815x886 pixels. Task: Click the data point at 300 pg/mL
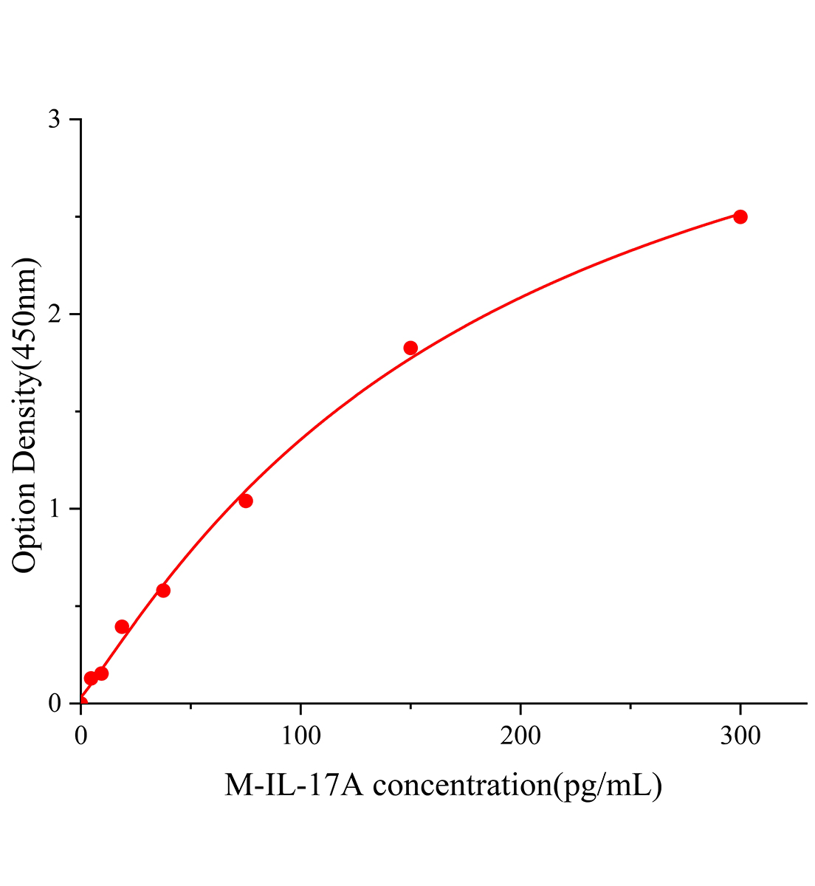click(x=740, y=216)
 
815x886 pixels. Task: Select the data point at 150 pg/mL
click(x=410, y=348)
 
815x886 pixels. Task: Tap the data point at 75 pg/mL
click(x=246, y=501)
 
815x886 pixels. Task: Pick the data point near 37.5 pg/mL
click(x=163, y=590)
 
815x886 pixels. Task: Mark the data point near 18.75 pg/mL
click(x=122, y=627)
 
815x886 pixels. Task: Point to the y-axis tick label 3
click(x=54, y=120)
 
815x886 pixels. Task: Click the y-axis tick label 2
click(x=54, y=315)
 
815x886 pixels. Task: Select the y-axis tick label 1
click(x=54, y=509)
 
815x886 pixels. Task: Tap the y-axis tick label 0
click(x=54, y=704)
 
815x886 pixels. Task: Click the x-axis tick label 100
click(x=300, y=735)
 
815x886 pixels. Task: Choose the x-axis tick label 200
click(x=520, y=735)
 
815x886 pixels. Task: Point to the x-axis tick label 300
click(x=740, y=735)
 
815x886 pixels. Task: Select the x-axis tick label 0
click(x=80, y=735)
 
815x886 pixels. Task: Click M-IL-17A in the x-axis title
click(x=295, y=786)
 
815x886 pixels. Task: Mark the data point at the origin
click(x=81, y=703)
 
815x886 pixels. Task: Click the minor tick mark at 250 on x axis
click(x=630, y=707)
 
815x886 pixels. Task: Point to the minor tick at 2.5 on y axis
click(x=78, y=217)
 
